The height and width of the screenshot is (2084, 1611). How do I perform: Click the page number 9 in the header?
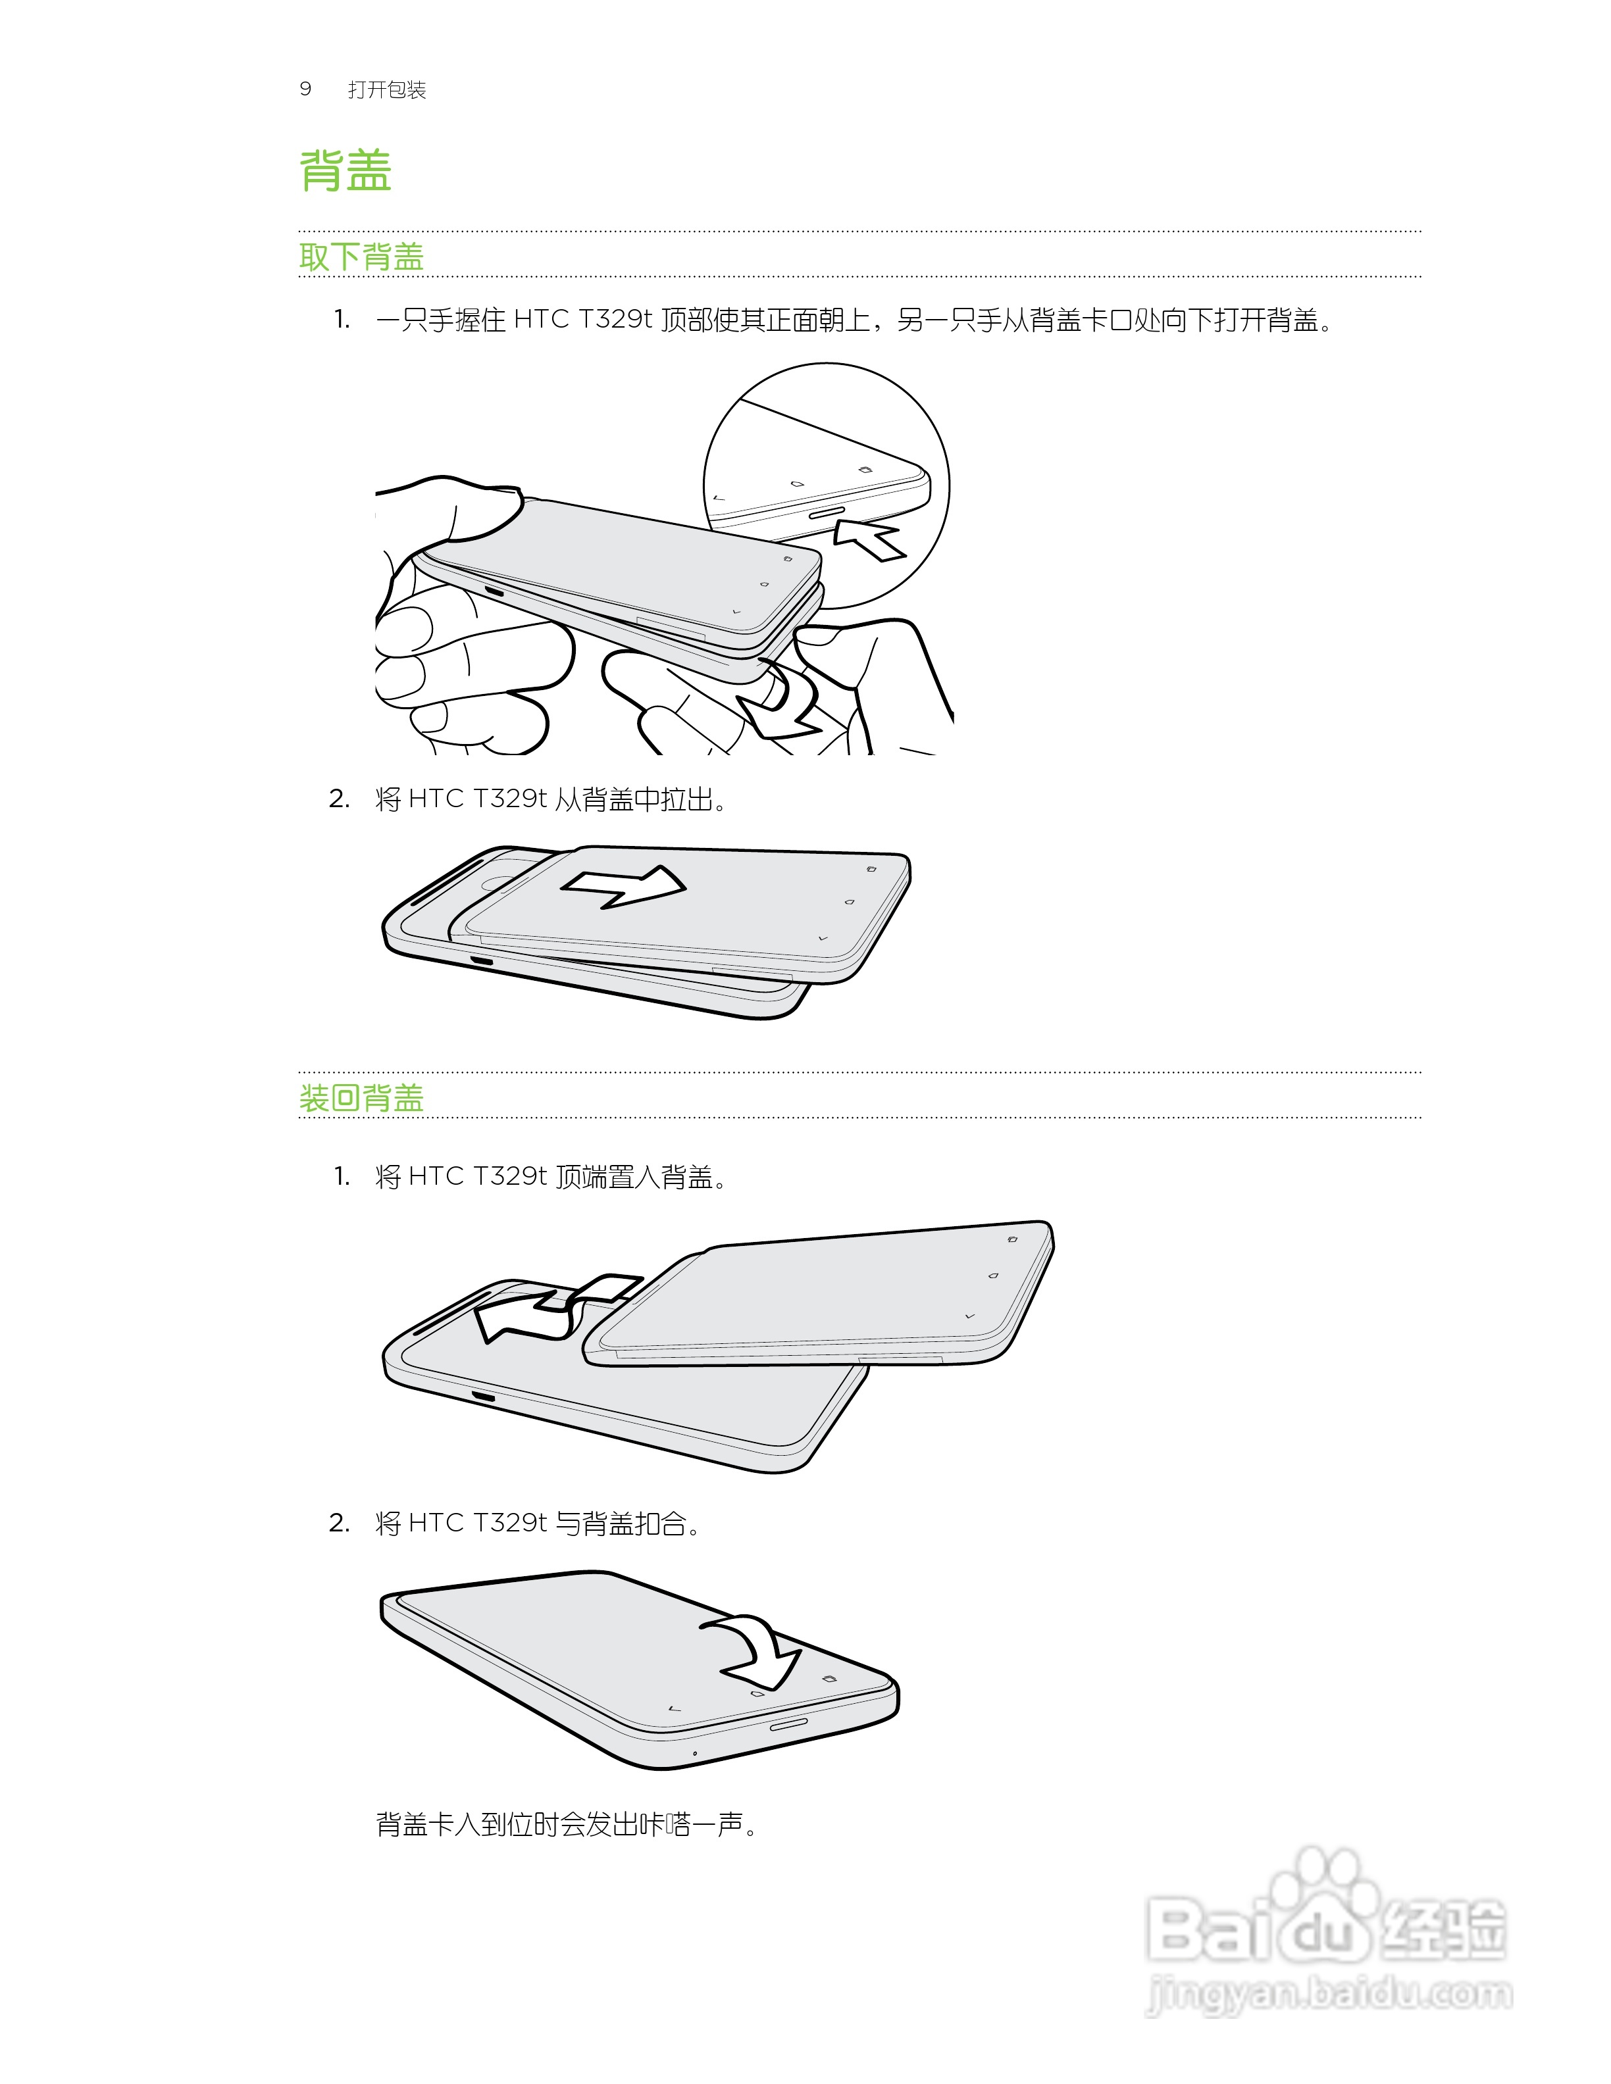tap(305, 89)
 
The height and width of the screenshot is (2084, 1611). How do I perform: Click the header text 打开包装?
tap(386, 89)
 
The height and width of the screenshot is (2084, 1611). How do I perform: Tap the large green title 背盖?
tap(345, 172)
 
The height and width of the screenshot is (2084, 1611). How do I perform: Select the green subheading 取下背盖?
tap(361, 256)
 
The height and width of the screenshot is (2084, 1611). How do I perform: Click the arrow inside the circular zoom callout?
tap(869, 540)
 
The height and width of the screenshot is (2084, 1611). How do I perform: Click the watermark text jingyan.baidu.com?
tap(1329, 1995)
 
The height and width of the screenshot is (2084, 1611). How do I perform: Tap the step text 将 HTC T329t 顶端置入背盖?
tap(551, 1177)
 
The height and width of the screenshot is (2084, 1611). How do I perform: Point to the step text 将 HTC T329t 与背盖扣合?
tap(537, 1523)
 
